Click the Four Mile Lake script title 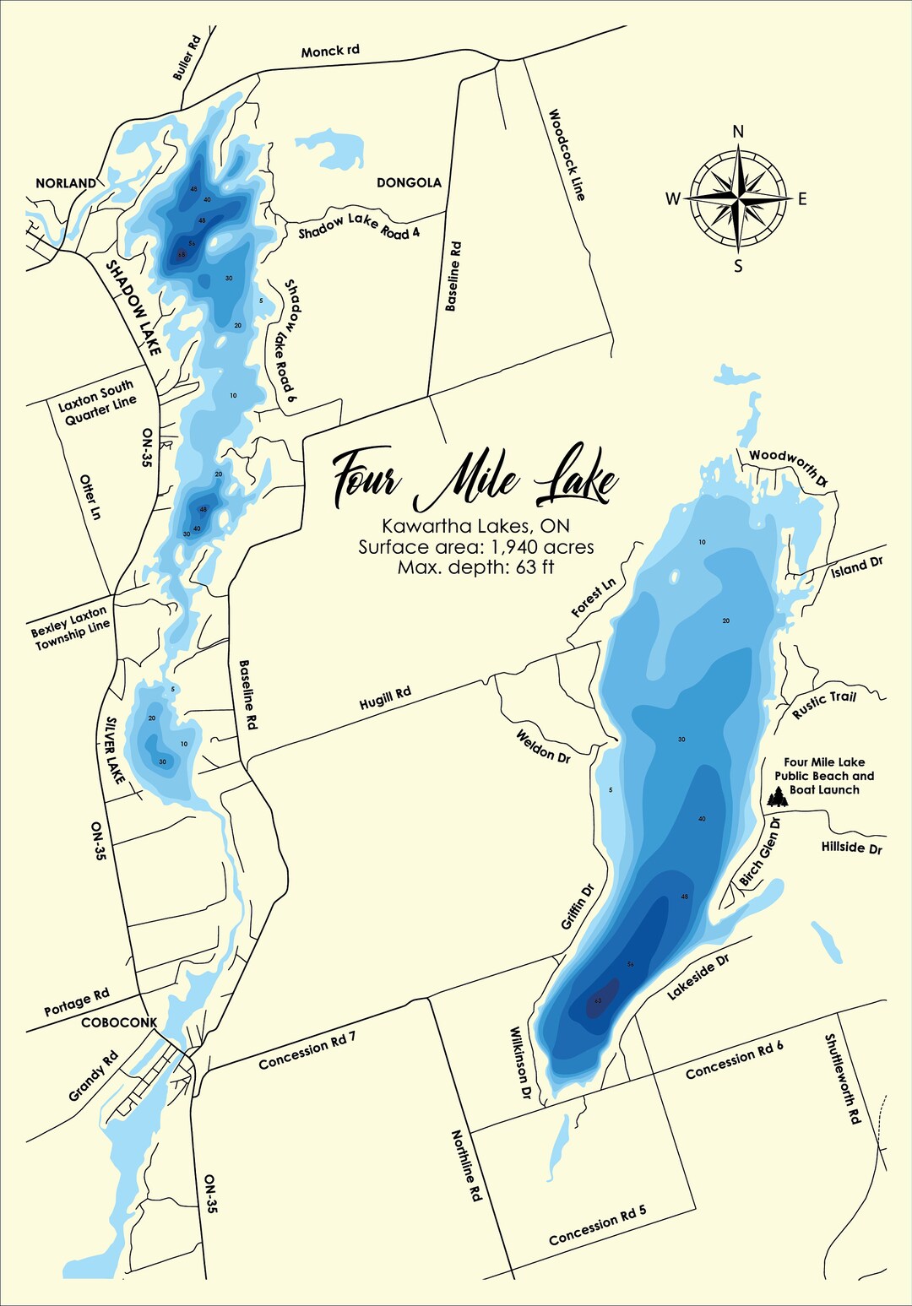click(475, 479)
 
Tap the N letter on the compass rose click(738, 131)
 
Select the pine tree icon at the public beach click(777, 796)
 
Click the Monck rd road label click(330, 51)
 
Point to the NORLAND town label click(66, 183)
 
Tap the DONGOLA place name click(409, 182)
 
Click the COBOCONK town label click(119, 1022)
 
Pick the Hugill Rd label click(385, 698)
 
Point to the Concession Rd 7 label click(307, 1051)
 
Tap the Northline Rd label click(465, 1166)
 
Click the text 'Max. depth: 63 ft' click(475, 567)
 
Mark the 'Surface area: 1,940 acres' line click(475, 546)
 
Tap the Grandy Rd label click(94, 1076)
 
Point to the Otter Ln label click(90, 496)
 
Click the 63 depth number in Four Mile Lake click(597, 1000)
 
